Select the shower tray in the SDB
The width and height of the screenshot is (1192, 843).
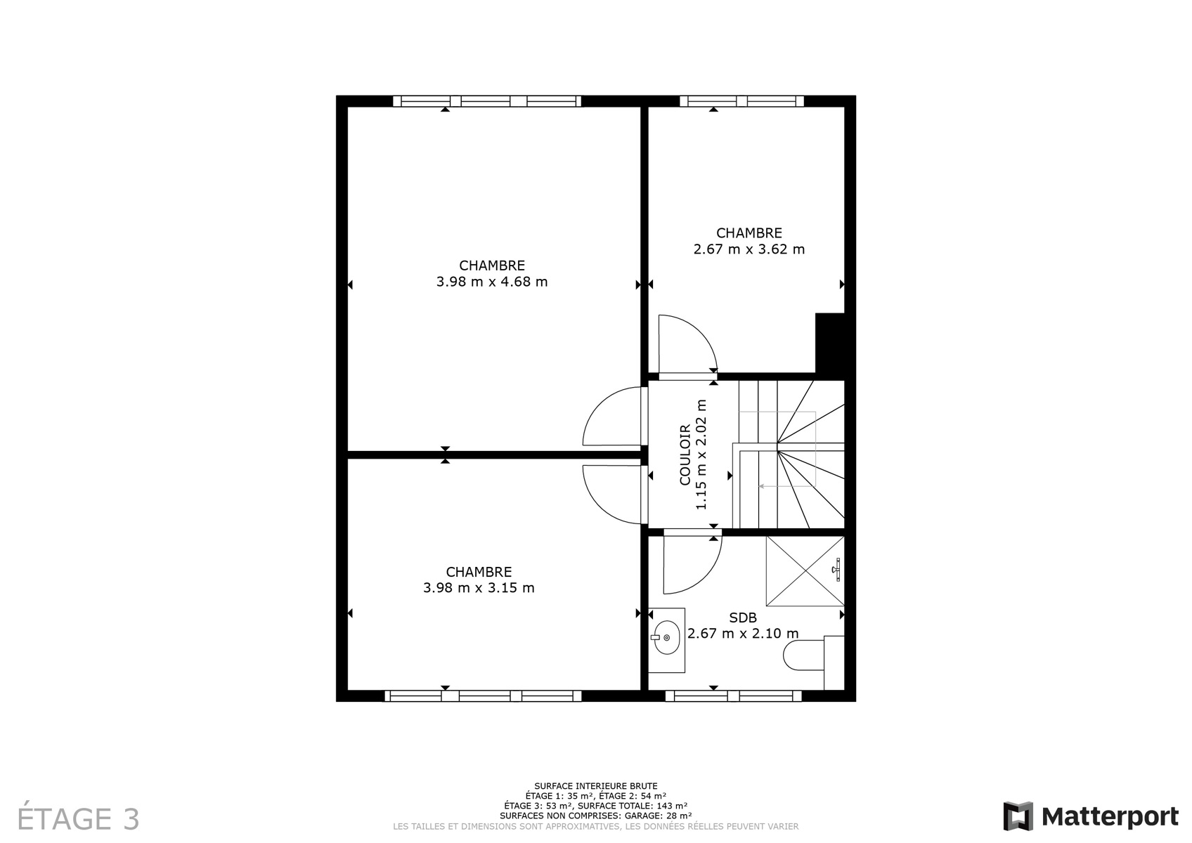tap(805, 570)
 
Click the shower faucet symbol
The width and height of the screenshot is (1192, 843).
tap(836, 569)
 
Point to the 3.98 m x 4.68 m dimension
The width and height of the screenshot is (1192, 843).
tap(492, 282)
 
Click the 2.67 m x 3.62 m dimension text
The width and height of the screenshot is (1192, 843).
tap(749, 249)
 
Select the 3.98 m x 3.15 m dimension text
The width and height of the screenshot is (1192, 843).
tap(479, 588)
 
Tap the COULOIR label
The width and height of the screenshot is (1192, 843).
tap(685, 455)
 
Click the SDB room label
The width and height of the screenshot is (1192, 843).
tap(743, 617)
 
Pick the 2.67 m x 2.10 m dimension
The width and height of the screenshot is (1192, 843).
tap(743, 634)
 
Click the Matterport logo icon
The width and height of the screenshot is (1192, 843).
tap(1018, 816)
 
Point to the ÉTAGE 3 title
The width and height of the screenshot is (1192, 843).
tap(78, 818)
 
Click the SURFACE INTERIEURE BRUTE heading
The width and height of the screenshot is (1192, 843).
tap(596, 785)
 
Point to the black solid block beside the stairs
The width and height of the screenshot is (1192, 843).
tap(829, 343)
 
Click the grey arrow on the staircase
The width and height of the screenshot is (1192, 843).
tap(788, 486)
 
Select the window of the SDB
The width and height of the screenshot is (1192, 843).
tap(733, 695)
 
